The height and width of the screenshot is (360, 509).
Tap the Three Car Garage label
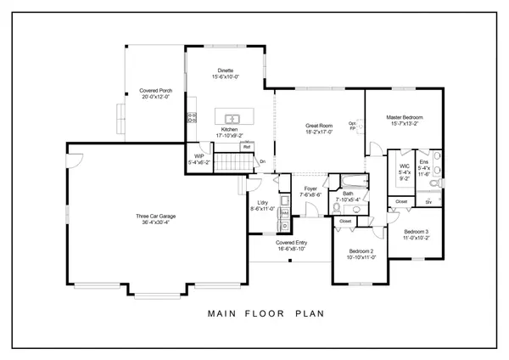pyautogui.click(x=158, y=217)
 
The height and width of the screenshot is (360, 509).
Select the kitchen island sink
pyautogui.click(x=230, y=117)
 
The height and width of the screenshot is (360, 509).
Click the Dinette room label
pyautogui.click(x=226, y=70)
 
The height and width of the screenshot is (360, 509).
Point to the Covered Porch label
pyautogui.click(x=156, y=90)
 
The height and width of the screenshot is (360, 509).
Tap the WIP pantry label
pyautogui.click(x=199, y=156)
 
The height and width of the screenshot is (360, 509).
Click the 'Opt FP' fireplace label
pyautogui.click(x=353, y=127)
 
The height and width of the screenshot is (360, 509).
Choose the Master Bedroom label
pyautogui.click(x=404, y=116)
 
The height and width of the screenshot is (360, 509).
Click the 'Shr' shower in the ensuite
pyautogui.click(x=428, y=202)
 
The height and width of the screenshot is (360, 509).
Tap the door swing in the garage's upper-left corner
pyautogui.click(x=75, y=160)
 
